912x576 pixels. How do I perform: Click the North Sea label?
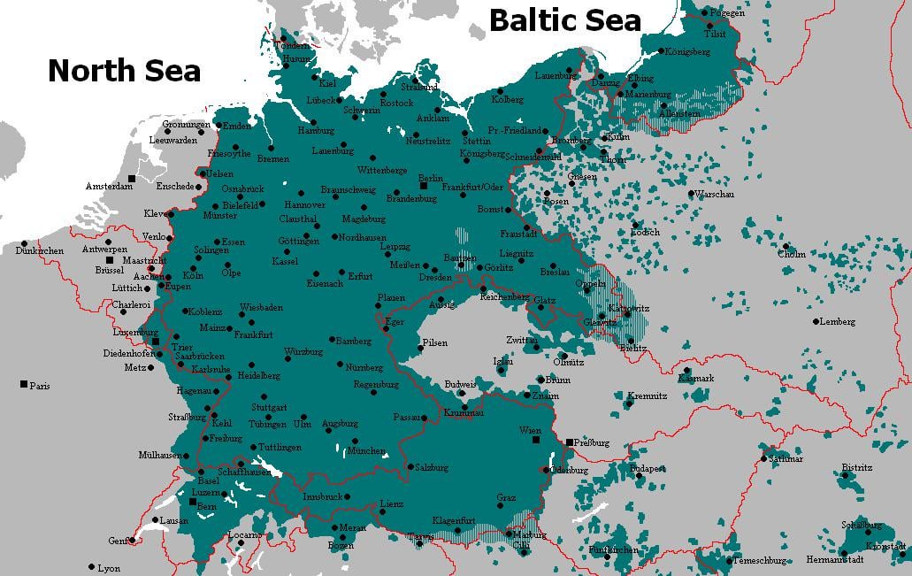coord(124,71)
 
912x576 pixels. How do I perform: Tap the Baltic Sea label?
coord(564,19)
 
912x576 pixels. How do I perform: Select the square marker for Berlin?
coord(424,187)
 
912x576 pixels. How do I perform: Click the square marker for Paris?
coord(23,384)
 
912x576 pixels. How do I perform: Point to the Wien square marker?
coord(536,438)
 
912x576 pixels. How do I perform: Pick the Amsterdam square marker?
coord(132,179)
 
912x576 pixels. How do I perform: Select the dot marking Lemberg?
coord(816,321)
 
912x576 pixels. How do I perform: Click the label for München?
coord(366,451)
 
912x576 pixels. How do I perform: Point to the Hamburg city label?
coord(315,131)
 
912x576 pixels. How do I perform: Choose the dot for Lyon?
coord(91,566)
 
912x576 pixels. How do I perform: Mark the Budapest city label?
coord(648,468)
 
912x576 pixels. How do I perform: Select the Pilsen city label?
coord(434,343)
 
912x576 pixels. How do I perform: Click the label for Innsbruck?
coord(321,497)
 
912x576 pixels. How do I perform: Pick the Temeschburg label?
coord(760,561)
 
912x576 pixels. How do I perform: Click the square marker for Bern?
coord(194,501)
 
